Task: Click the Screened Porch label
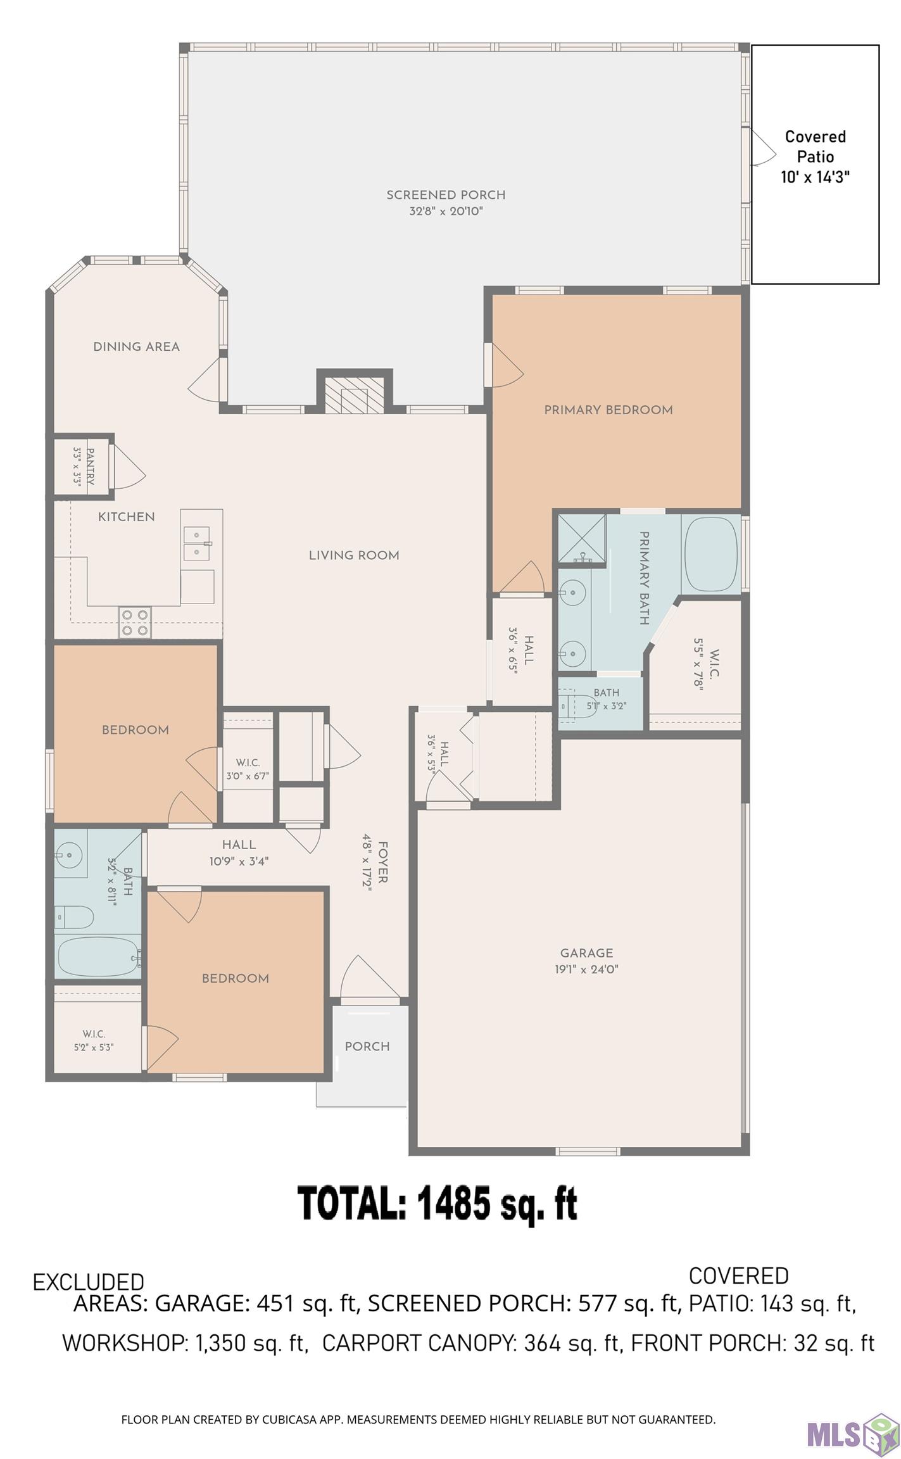click(x=446, y=195)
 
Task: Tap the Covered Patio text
click(x=815, y=146)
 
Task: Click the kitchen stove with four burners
click(x=135, y=622)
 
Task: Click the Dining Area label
click(x=136, y=346)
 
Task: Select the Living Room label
click(x=354, y=555)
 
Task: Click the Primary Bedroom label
click(x=608, y=410)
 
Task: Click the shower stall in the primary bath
click(x=581, y=538)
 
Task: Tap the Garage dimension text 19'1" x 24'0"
click(x=586, y=969)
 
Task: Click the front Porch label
click(x=367, y=1047)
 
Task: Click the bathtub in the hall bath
click(x=98, y=957)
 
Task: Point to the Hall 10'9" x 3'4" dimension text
click(x=239, y=861)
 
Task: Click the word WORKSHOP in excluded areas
click(x=122, y=1343)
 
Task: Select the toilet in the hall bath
click(x=74, y=917)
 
